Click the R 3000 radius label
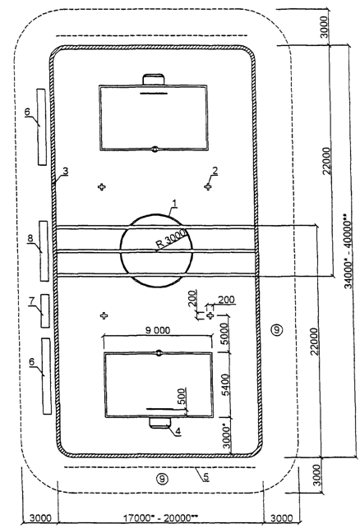pos(171,240)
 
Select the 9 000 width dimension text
pos(158,330)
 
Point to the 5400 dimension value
pos(225,385)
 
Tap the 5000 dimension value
pos(225,334)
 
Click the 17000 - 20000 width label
pos(160,517)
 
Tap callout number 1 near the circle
pos(174,204)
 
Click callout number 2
pos(215,171)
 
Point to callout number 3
pos(66,171)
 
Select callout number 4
pos(178,431)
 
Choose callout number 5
pos(206,477)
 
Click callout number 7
pos(32,301)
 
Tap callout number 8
pos(30,238)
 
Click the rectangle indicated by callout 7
pos(45,311)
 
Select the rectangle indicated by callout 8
pos(44,251)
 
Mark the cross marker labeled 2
pos(208,186)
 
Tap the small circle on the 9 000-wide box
pos(159,353)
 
